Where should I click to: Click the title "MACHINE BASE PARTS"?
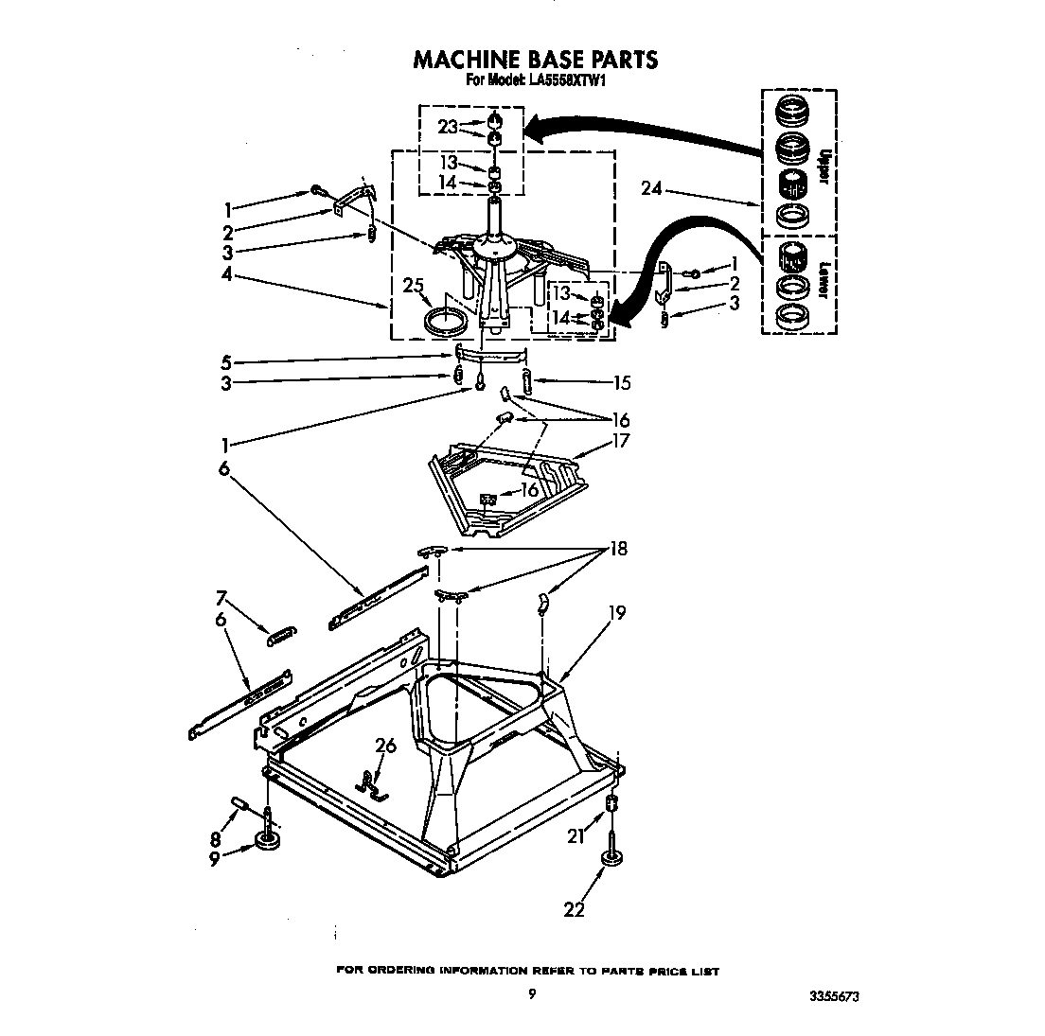click(535, 60)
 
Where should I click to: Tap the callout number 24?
click(651, 187)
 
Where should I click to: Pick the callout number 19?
click(616, 613)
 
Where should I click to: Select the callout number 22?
click(574, 910)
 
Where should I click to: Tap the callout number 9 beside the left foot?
click(214, 859)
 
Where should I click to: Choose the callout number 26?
click(385, 746)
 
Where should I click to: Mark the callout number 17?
click(620, 441)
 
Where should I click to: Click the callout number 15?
click(621, 383)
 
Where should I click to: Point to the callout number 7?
click(221, 598)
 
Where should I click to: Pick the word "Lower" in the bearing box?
click(824, 279)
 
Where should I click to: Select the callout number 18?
click(618, 549)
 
